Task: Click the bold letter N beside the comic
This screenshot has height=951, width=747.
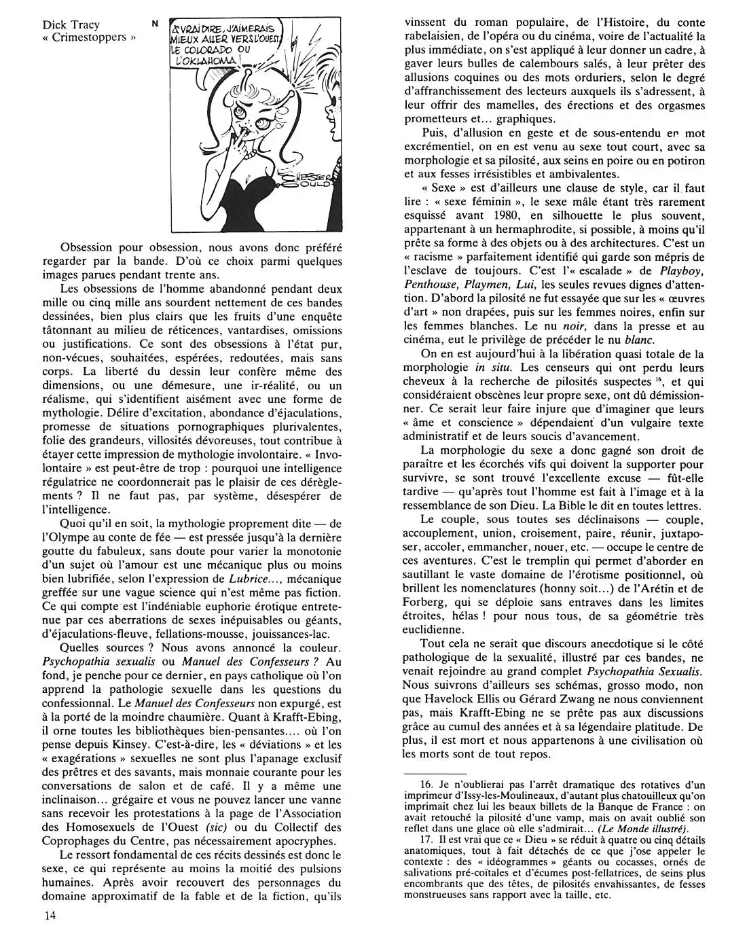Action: click(x=155, y=24)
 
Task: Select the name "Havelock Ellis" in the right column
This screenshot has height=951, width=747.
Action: click(x=462, y=686)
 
